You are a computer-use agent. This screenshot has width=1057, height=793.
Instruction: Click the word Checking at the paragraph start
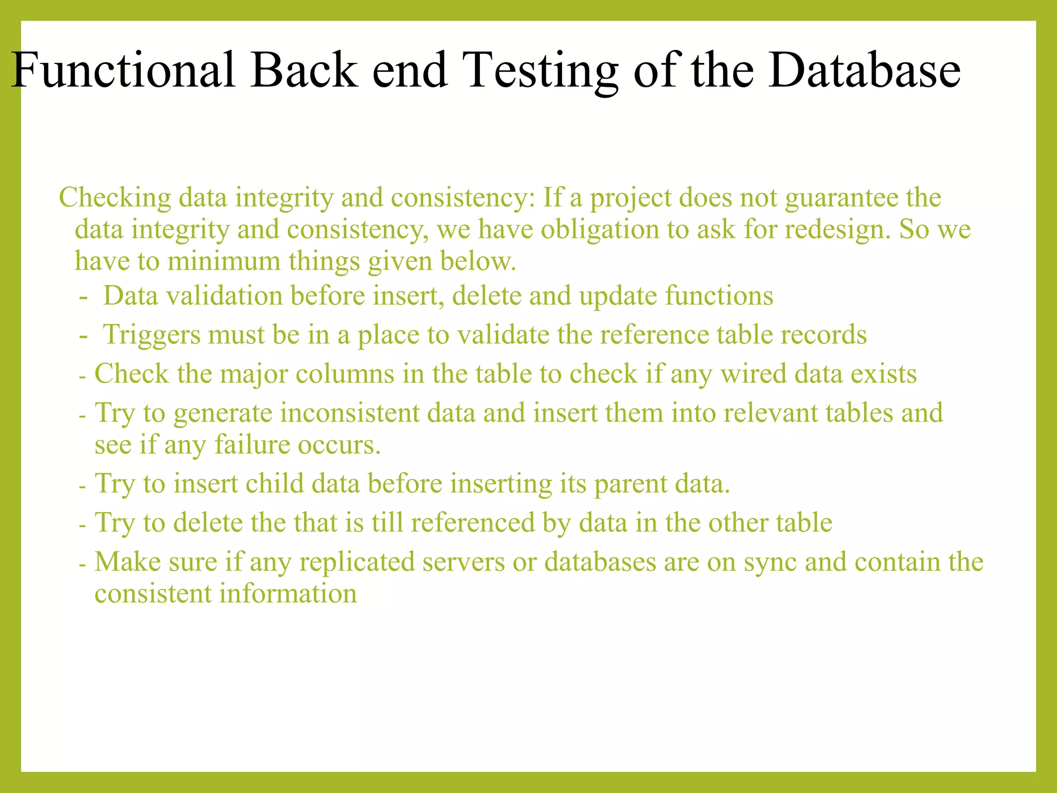click(115, 198)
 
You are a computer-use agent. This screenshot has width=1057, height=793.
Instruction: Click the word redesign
click(838, 229)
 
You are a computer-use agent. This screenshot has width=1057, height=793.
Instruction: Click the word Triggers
click(152, 335)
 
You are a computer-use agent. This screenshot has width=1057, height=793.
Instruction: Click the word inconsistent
click(349, 413)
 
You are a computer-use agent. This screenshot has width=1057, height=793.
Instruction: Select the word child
click(275, 484)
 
